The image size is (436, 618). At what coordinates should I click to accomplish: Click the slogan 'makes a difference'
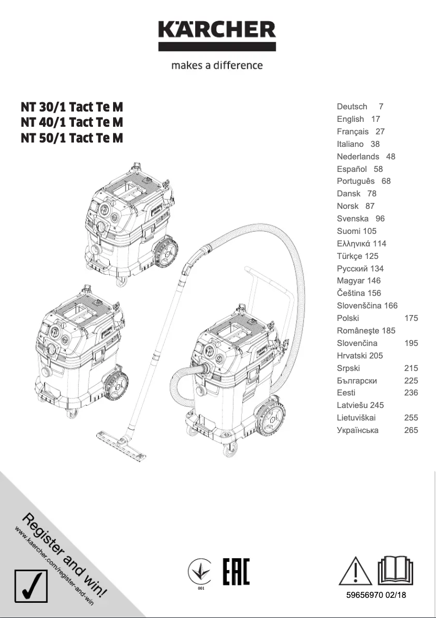point(217,65)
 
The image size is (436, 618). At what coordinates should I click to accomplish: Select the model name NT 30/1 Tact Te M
point(72,107)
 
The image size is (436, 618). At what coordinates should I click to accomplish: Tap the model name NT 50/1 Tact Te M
point(72,138)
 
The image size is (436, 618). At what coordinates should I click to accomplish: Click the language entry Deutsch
point(352,107)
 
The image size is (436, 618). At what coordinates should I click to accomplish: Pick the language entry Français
point(352,132)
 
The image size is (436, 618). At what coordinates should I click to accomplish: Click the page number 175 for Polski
point(411,318)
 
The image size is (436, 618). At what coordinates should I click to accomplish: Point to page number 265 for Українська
point(411,430)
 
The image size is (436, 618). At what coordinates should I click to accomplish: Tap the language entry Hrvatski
point(352,356)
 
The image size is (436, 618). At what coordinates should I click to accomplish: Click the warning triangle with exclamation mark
point(354,571)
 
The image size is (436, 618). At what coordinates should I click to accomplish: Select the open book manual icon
point(395,570)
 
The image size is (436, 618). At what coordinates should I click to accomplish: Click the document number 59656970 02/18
point(376,596)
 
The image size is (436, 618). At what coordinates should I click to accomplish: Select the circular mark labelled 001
point(201,572)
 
